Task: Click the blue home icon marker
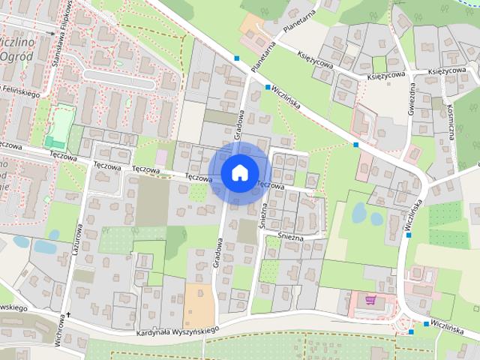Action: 239,172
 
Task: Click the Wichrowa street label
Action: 58,336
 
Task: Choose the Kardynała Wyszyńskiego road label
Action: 178,330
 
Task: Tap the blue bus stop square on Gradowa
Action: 238,58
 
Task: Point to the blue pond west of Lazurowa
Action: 45,246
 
